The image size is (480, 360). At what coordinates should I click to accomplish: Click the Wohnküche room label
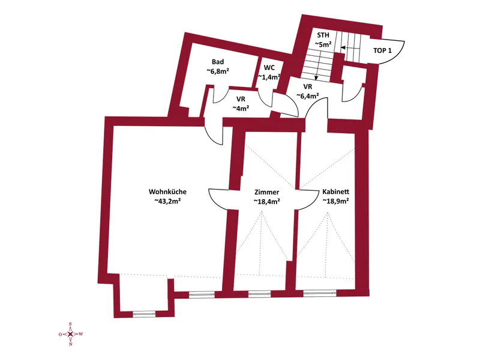pyautogui.click(x=167, y=192)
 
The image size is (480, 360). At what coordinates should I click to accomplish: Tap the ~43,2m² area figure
pyautogui.click(x=167, y=201)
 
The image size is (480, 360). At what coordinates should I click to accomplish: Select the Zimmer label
pyautogui.click(x=266, y=192)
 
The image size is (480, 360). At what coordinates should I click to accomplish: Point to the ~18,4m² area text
pyautogui.click(x=267, y=202)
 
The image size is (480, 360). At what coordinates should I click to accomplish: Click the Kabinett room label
pyautogui.click(x=336, y=192)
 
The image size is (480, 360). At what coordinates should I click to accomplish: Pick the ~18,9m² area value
pyautogui.click(x=336, y=201)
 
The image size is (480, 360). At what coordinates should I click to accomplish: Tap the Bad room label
pyautogui.click(x=218, y=62)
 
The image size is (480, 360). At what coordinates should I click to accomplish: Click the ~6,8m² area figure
pyautogui.click(x=218, y=71)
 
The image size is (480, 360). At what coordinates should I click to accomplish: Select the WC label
pyautogui.click(x=269, y=68)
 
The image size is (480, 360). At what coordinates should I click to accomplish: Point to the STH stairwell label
pyautogui.click(x=323, y=35)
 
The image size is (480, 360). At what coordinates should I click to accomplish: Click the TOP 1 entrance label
pyautogui.click(x=382, y=50)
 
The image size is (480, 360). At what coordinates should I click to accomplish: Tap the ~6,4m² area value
pyautogui.click(x=308, y=96)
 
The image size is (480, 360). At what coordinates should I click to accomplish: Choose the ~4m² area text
pyautogui.click(x=241, y=108)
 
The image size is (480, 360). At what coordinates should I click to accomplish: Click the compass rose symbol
pyautogui.click(x=71, y=334)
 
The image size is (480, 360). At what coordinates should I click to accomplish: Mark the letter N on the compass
pyautogui.click(x=71, y=344)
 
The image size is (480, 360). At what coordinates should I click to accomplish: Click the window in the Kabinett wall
pyautogui.click(x=320, y=294)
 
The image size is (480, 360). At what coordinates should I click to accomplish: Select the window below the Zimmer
pyautogui.click(x=259, y=295)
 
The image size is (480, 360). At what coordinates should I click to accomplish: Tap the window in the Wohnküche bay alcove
pyautogui.click(x=144, y=314)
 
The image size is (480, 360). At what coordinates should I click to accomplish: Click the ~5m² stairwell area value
pyautogui.click(x=323, y=44)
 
